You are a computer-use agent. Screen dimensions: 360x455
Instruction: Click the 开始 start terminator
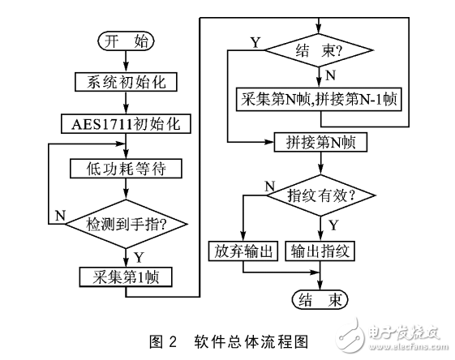(125, 40)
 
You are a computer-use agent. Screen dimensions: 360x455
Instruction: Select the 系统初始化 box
(125, 81)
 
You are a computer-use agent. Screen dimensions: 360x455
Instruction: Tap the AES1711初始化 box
(125, 124)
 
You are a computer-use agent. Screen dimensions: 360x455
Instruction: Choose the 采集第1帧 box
(125, 276)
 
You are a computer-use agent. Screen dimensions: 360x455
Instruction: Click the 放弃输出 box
(243, 249)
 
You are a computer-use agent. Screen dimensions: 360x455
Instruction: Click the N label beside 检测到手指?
(59, 215)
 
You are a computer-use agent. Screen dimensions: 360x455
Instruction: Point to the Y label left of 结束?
(255, 41)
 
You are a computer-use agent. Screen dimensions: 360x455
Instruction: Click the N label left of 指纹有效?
(269, 186)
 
